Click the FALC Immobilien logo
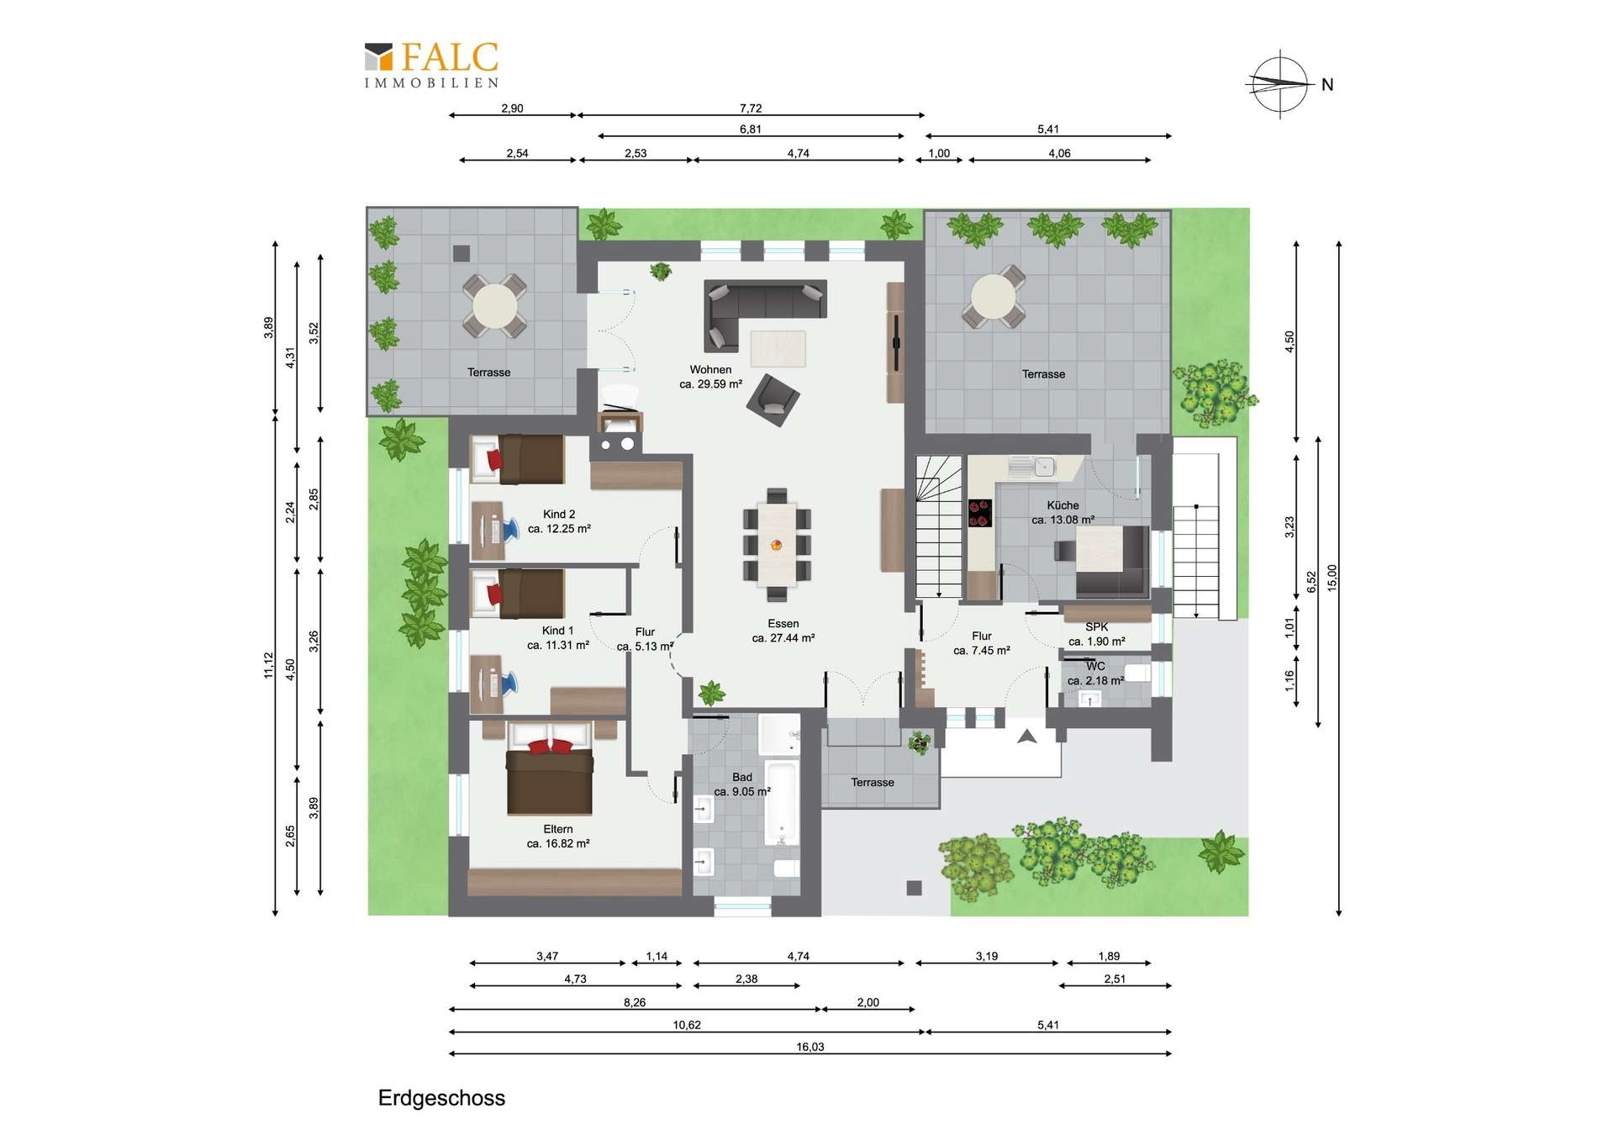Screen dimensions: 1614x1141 tap(431, 65)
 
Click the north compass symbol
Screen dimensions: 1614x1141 tap(1280, 83)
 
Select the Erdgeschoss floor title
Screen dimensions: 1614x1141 tap(441, 1098)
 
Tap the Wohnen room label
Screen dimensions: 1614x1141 tap(710, 369)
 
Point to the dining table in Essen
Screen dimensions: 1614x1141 tap(777, 544)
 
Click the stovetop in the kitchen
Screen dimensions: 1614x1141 tap(979, 513)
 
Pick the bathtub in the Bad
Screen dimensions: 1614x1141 tap(781, 804)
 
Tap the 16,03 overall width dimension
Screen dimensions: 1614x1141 tap(810, 1047)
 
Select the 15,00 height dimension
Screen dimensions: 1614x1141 tap(1332, 578)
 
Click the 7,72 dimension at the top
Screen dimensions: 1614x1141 tap(751, 108)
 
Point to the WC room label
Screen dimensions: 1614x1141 tap(1095, 666)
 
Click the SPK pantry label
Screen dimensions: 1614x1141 tap(1097, 626)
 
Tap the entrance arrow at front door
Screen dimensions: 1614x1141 tap(1026, 737)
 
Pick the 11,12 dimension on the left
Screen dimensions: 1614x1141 tap(268, 665)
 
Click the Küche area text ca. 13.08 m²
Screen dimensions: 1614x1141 tap(1063, 520)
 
